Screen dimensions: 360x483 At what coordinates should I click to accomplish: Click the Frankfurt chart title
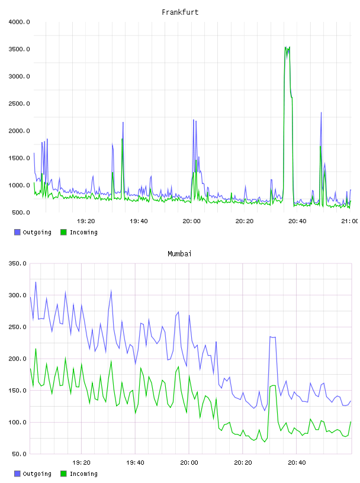click(x=180, y=12)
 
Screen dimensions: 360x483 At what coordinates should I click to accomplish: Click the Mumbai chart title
click(x=179, y=254)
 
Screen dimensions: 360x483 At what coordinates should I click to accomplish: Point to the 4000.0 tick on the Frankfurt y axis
click(x=19, y=22)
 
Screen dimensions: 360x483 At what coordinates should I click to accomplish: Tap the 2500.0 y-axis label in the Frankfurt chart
click(x=19, y=104)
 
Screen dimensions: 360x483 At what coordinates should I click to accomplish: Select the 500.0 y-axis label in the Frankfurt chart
click(x=21, y=212)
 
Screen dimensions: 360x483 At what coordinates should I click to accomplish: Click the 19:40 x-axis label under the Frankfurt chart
click(x=139, y=221)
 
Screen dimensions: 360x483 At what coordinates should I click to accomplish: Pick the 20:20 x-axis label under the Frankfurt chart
click(x=245, y=221)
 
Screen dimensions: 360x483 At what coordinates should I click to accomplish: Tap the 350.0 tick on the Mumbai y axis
click(x=17, y=263)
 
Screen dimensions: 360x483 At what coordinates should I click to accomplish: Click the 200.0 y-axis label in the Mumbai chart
click(x=17, y=359)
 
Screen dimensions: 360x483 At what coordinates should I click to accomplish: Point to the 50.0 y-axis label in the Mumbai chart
click(x=19, y=454)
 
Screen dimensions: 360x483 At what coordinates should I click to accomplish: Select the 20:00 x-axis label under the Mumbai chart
click(x=189, y=463)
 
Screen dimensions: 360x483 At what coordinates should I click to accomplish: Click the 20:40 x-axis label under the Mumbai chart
click(x=297, y=463)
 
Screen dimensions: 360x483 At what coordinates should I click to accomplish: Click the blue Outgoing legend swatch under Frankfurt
click(x=17, y=232)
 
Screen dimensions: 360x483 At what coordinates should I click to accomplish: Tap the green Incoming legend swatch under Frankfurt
click(x=63, y=232)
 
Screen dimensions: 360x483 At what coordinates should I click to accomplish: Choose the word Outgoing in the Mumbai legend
click(x=37, y=474)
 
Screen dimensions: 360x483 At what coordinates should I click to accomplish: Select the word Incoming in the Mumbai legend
click(x=83, y=474)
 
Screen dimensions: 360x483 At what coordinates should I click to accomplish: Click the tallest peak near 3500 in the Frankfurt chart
click(x=286, y=47)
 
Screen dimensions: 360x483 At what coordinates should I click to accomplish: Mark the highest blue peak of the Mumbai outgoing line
click(x=36, y=282)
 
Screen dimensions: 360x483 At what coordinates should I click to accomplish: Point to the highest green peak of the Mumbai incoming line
click(x=36, y=349)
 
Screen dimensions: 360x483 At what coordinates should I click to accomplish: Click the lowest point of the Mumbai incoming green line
click(x=265, y=442)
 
